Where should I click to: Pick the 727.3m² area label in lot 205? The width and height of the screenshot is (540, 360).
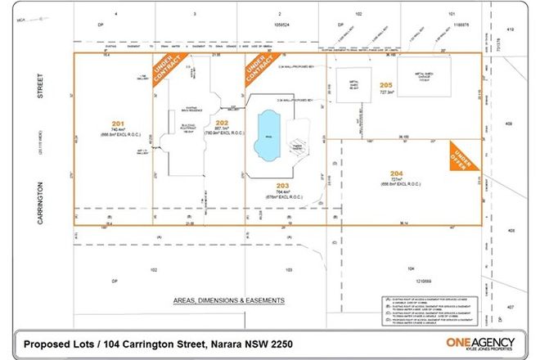[387, 92]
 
